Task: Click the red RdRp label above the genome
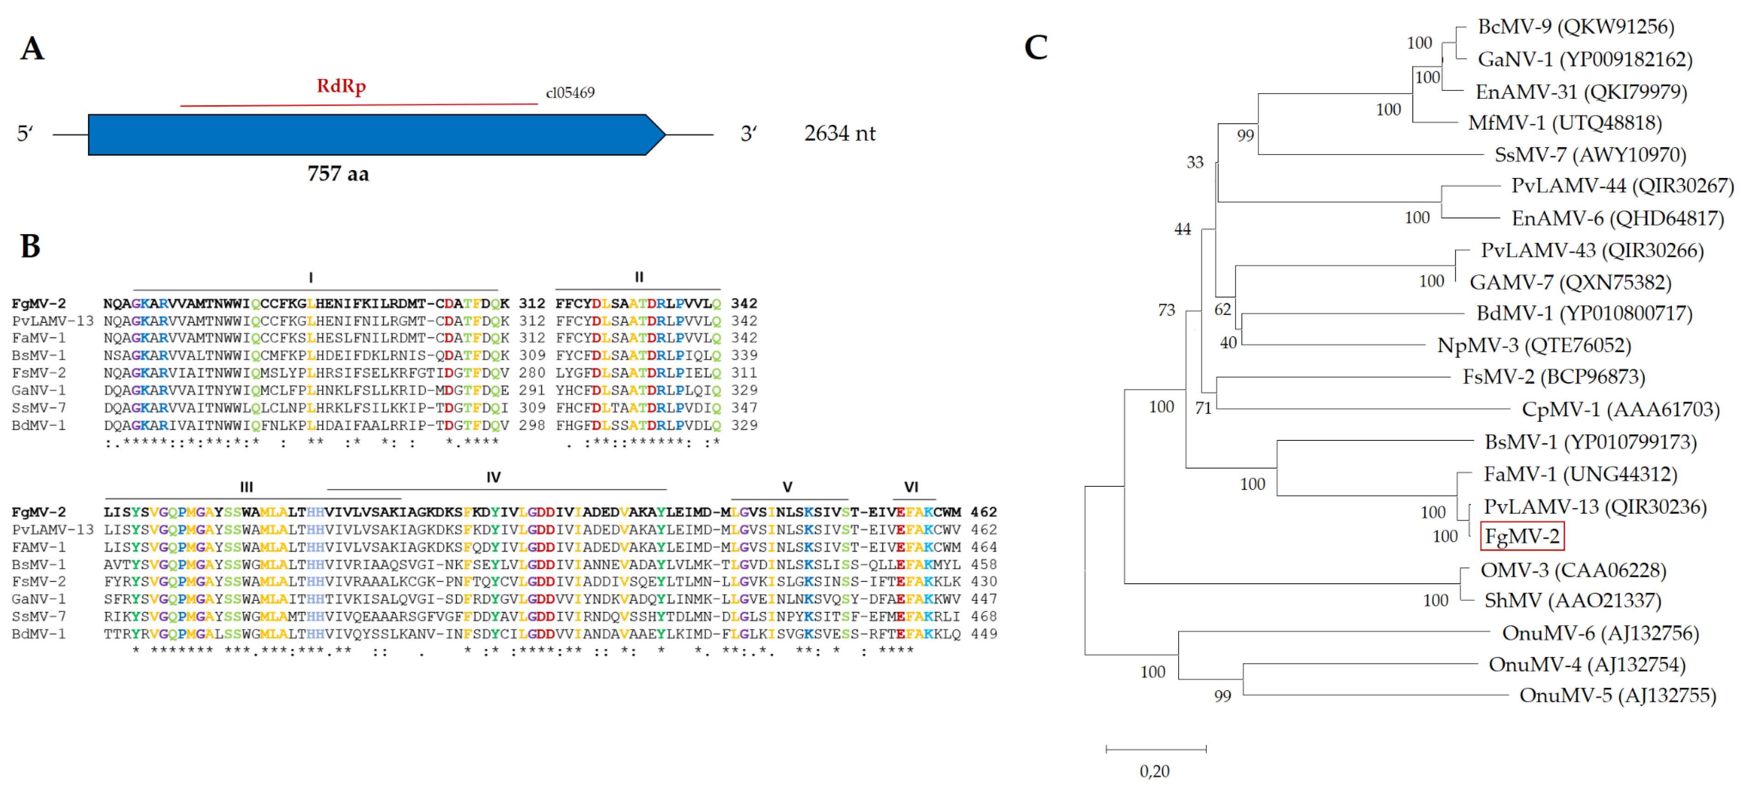[341, 86]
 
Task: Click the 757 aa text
[338, 174]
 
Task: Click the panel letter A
[32, 49]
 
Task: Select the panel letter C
[1036, 47]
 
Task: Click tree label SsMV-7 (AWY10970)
[1590, 155]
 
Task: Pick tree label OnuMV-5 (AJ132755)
[1617, 696]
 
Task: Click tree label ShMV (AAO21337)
[1572, 601]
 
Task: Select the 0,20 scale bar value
[1154, 771]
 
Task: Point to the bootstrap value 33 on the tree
[1194, 162]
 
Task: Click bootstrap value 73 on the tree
[1166, 310]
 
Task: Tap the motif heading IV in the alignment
[493, 477]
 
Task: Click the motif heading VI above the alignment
[911, 486]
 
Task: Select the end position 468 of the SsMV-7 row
[983, 616]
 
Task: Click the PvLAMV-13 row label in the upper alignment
[52, 321]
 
